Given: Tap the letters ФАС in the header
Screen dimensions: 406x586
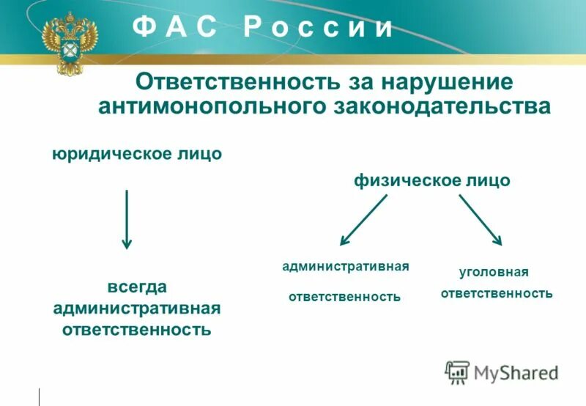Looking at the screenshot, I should click(x=175, y=28).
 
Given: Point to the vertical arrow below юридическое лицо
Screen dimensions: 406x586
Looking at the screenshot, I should click(x=127, y=219).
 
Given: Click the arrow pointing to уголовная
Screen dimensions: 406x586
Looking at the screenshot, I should click(x=481, y=219).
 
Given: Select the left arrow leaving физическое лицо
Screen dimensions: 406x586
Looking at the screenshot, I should click(x=363, y=219).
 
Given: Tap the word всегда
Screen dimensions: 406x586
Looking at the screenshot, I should click(x=137, y=286).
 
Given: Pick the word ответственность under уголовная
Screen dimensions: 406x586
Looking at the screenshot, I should click(x=496, y=293).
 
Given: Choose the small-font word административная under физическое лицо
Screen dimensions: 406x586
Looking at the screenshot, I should click(x=345, y=267).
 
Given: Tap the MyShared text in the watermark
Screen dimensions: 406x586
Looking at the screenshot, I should click(x=516, y=372).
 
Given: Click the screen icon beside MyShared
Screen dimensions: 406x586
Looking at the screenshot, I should click(x=457, y=372).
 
